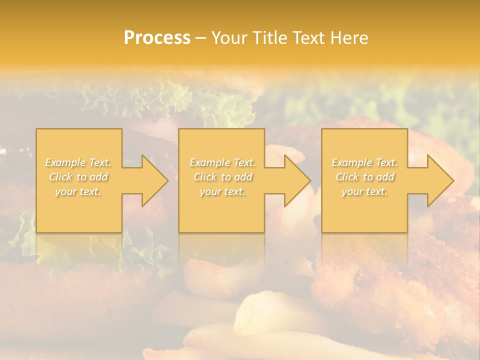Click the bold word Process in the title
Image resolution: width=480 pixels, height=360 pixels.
tap(157, 38)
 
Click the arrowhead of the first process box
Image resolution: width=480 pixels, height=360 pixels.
tap(152, 181)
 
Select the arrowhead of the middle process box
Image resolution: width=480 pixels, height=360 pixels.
tap(295, 181)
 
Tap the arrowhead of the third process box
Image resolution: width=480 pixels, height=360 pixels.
tap(438, 181)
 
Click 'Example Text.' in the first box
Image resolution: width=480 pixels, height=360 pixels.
tap(78, 162)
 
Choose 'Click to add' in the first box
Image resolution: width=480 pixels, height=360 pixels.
tap(78, 177)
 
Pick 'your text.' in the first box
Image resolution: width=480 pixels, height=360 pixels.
tap(78, 191)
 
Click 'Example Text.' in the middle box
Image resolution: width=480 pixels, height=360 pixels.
tap(222, 162)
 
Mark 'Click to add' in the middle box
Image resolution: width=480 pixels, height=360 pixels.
tap(222, 177)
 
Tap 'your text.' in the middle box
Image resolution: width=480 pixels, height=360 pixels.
tap(222, 191)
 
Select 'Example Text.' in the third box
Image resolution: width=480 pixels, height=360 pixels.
tap(364, 162)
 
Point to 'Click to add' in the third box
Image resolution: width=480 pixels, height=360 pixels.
tap(365, 177)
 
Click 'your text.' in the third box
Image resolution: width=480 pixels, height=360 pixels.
tap(364, 191)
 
